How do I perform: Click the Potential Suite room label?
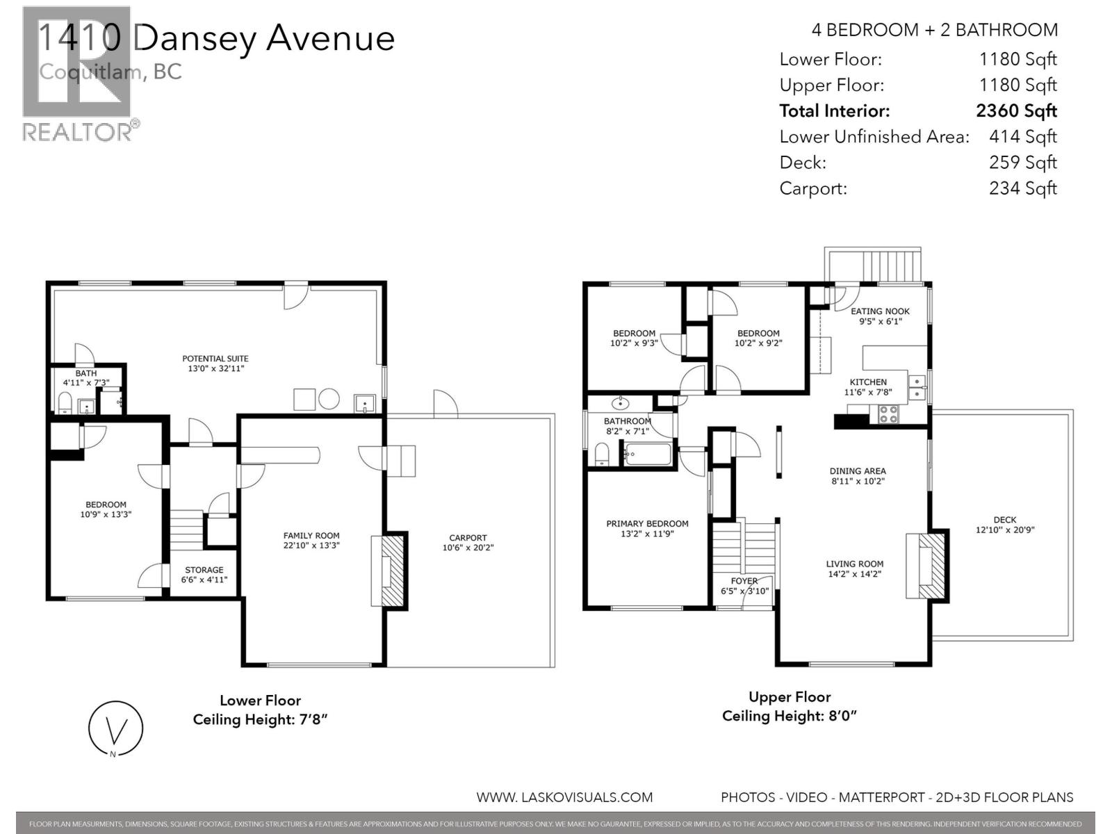coord(215,359)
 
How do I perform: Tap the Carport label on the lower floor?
coord(468,537)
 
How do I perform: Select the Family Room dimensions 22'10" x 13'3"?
coord(311,546)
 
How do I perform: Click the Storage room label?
coord(204,569)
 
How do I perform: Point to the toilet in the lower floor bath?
coord(64,403)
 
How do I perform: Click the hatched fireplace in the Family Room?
coord(393,570)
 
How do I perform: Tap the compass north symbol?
coord(115,730)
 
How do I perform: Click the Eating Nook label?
coord(880,311)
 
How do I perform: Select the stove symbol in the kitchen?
coord(888,414)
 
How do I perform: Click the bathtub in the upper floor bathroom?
coord(648,455)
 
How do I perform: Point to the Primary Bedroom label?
coord(647,523)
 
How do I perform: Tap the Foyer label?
coord(744,580)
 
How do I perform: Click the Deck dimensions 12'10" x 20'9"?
coord(1005,530)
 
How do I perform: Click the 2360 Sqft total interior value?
coord(1016,111)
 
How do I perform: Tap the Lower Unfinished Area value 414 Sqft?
coord(1022,136)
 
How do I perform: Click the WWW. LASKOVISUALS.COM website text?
coord(564,797)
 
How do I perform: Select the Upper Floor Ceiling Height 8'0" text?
coord(790,716)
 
